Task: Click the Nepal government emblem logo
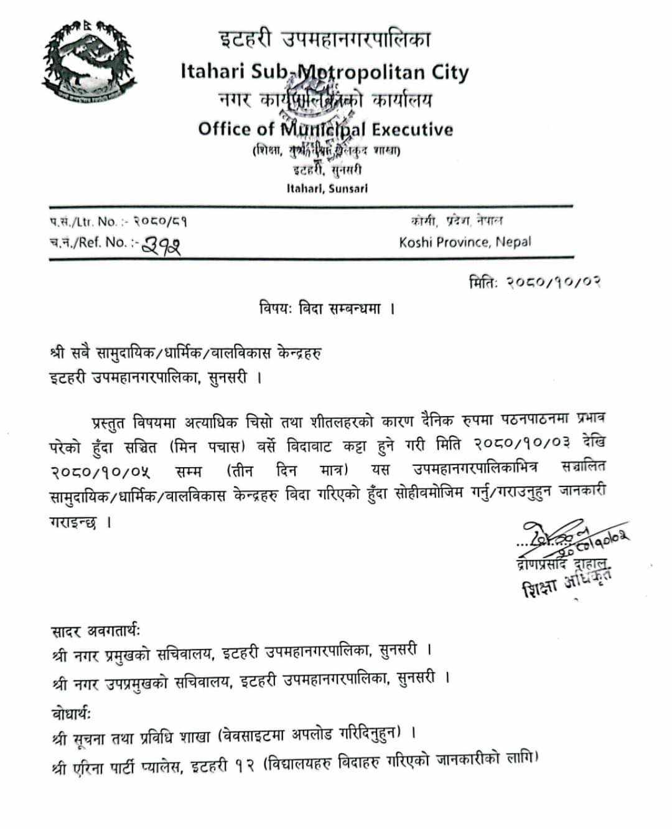tap(89, 62)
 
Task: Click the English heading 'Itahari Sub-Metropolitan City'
tap(324, 72)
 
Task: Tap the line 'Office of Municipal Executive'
tap(325, 130)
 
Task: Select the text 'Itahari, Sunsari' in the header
tap(327, 188)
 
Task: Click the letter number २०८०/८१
tap(152, 221)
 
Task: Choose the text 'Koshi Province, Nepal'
tap(465, 242)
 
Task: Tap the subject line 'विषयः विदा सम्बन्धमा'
tap(327, 308)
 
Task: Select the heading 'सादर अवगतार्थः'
tap(96, 632)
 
